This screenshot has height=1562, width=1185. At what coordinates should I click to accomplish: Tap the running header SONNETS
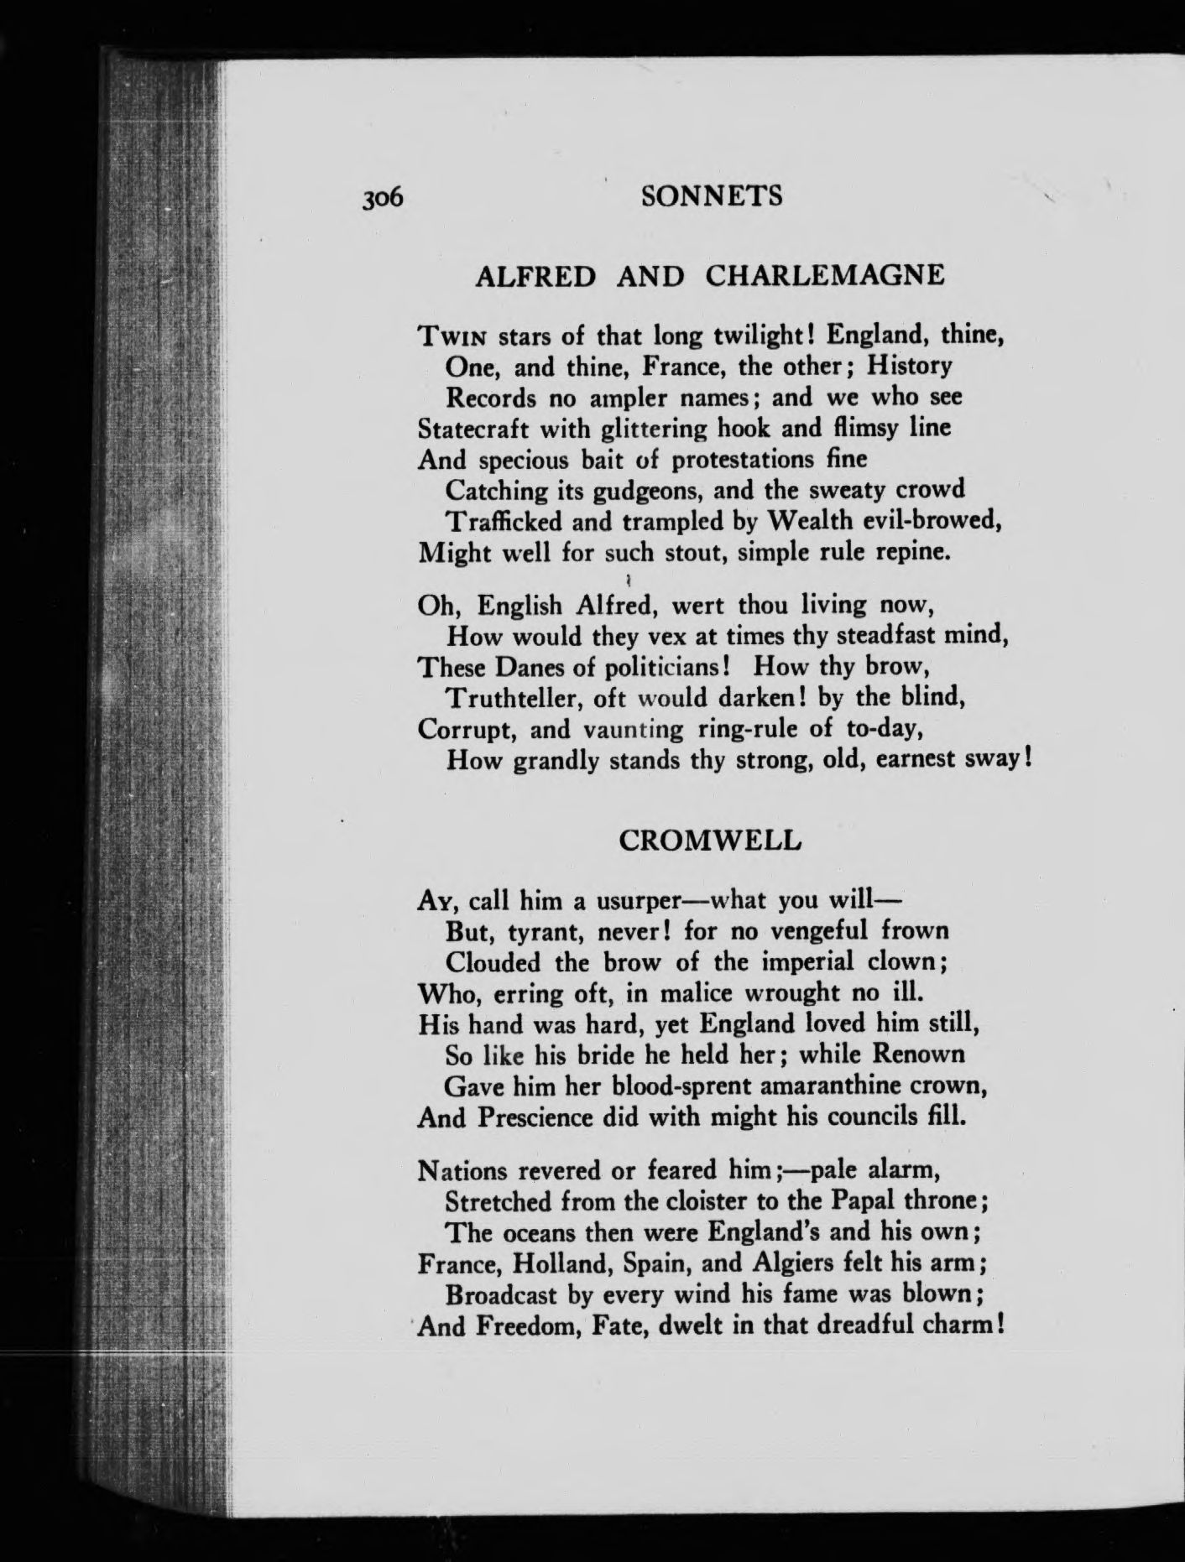[710, 196]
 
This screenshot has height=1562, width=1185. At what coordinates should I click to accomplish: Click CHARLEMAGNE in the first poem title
[825, 275]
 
